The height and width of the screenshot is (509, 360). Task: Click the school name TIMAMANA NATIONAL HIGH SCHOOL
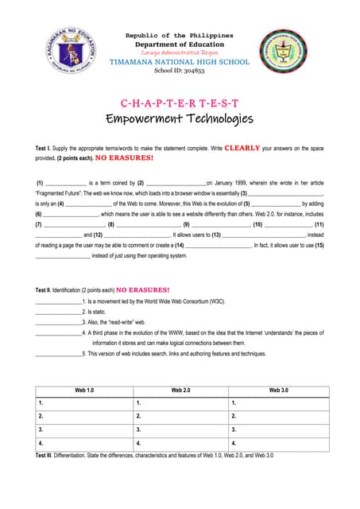(180, 62)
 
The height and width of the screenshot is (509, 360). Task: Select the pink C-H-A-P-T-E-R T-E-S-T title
(180, 104)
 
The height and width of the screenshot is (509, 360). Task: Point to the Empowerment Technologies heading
(180, 120)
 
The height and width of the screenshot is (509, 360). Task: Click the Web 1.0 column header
(84, 390)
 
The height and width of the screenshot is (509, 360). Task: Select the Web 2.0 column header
(180, 390)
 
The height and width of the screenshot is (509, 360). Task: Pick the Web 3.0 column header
(278, 390)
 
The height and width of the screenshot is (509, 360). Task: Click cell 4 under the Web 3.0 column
(278, 443)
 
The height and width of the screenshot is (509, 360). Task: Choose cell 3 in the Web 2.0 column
(180, 429)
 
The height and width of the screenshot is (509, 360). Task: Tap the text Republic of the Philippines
(180, 36)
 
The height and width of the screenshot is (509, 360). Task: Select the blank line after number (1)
(64, 183)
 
